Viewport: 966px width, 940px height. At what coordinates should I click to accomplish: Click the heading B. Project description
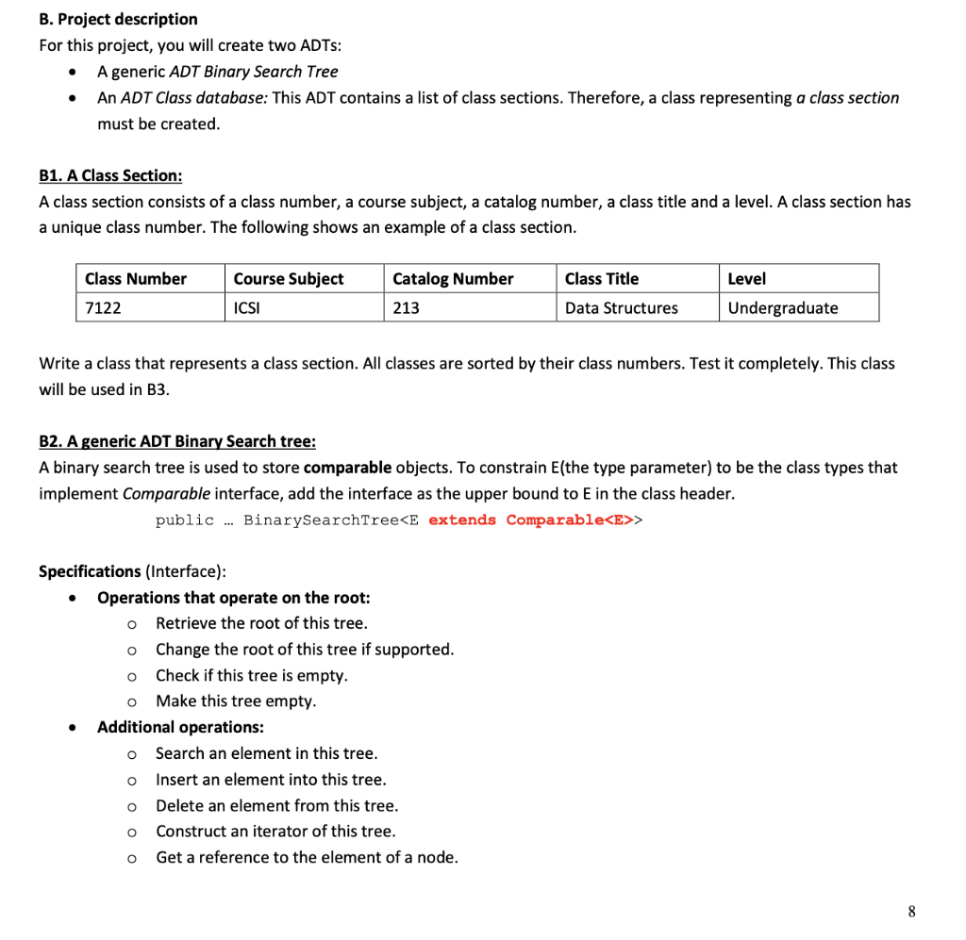118,19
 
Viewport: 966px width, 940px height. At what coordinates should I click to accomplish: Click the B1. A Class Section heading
110,175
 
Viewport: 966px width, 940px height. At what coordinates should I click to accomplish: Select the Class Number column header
136,278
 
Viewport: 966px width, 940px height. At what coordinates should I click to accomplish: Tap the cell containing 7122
103,307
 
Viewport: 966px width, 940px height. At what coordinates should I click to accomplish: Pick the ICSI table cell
246,307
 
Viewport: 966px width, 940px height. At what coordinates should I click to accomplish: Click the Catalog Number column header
453,278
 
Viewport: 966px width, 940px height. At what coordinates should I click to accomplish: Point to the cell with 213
406,307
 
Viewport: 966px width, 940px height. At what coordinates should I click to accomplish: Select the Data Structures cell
621,307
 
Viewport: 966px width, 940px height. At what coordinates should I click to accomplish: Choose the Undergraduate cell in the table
782,307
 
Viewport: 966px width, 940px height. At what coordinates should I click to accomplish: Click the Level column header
746,278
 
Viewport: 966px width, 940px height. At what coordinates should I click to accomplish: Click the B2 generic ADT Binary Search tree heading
177,441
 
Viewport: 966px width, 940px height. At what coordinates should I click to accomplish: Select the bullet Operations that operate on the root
233,598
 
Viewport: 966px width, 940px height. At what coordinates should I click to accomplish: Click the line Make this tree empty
236,701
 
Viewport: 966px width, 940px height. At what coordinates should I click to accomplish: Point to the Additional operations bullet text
180,727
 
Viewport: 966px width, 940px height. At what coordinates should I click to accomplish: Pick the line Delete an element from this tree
276,805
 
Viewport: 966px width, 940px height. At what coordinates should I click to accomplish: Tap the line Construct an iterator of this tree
275,832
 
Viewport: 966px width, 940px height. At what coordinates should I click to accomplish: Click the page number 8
910,911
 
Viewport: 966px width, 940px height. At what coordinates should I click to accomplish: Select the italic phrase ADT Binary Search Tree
253,72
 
